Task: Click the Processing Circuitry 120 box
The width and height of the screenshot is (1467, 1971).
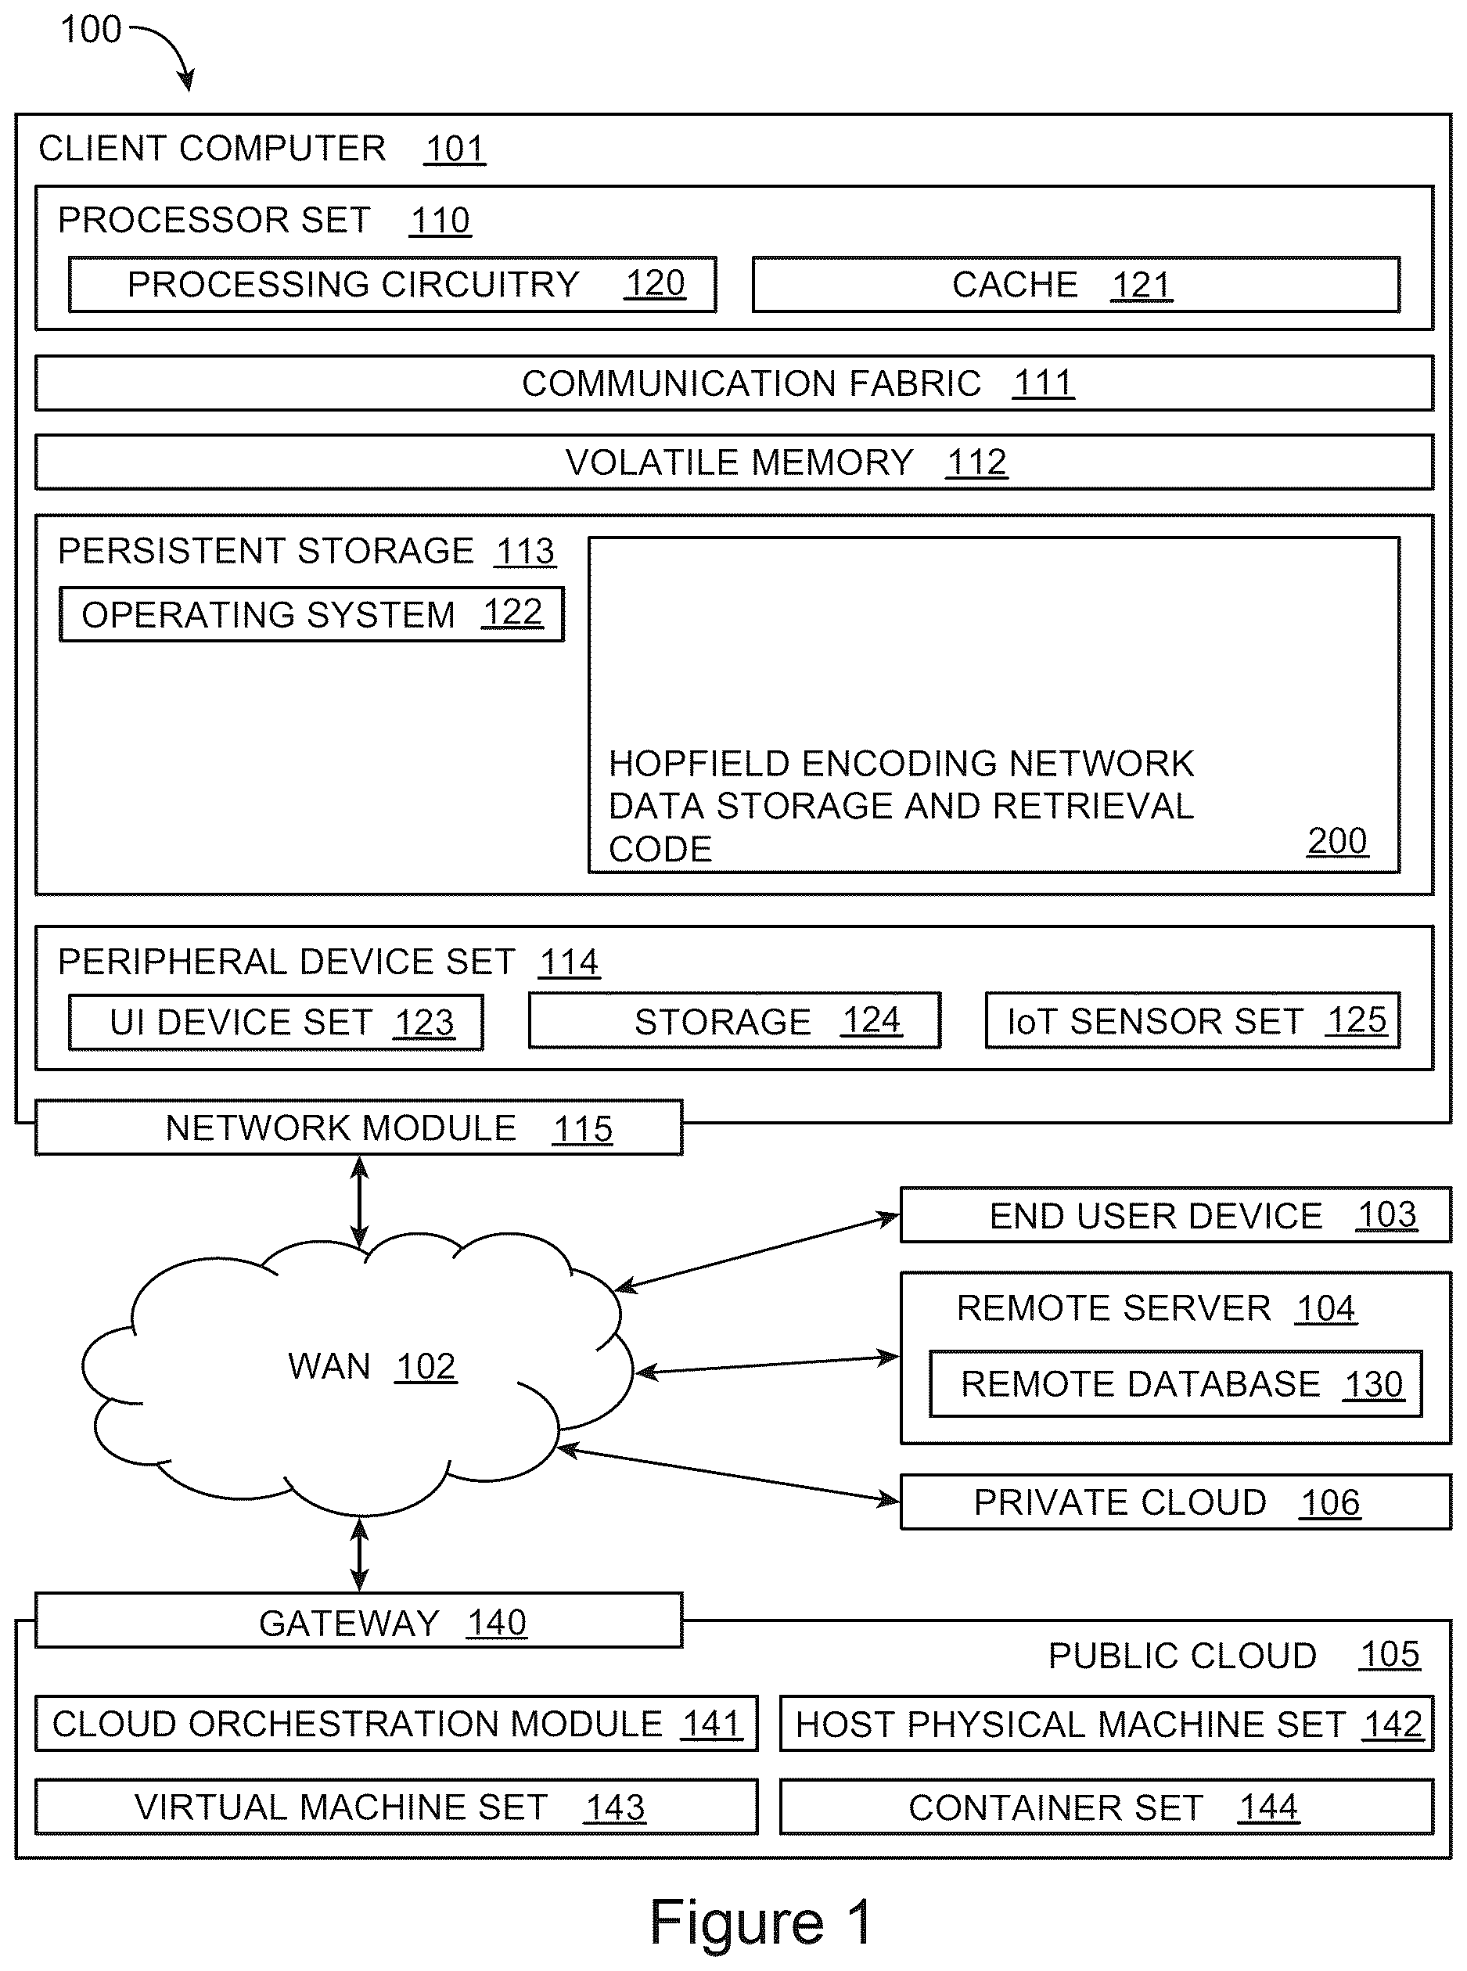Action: [x=393, y=285]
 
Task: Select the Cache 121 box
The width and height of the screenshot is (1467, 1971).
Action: [x=1077, y=285]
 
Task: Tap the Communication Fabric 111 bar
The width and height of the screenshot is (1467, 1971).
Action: [x=735, y=383]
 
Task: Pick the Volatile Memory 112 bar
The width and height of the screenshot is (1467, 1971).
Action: [x=735, y=462]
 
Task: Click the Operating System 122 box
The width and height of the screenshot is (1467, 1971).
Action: [x=311, y=614]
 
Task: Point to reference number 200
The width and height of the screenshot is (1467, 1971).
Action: [x=1337, y=841]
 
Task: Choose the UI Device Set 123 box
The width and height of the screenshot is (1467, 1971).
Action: [x=276, y=1022]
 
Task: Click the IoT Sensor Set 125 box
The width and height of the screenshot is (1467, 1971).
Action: [x=1193, y=1020]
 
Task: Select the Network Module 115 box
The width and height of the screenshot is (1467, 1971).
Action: [x=359, y=1128]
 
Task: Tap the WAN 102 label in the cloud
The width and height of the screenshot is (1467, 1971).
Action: [x=372, y=1366]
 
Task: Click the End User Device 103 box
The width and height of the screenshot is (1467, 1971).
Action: [x=1176, y=1214]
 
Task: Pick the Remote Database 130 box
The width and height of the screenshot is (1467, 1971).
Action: [x=1176, y=1384]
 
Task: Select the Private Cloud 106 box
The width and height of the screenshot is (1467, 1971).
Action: [x=1176, y=1502]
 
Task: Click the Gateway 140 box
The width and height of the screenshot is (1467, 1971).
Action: [x=359, y=1620]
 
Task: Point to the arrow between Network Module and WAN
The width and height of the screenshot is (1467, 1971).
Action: [x=360, y=1201]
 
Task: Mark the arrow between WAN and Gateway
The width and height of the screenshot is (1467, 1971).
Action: [x=360, y=1554]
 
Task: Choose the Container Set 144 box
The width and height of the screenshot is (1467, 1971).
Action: [x=1106, y=1807]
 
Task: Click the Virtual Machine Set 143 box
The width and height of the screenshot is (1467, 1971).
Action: [x=396, y=1807]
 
